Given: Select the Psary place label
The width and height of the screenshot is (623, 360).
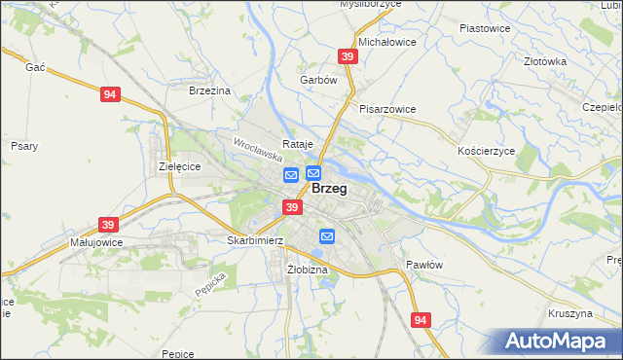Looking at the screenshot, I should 24,146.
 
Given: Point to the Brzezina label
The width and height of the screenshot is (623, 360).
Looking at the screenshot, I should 210,90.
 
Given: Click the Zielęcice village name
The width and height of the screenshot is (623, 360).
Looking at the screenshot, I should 179,166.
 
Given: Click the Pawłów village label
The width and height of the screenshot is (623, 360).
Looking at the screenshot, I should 424,265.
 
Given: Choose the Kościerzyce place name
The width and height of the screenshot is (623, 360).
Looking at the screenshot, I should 485,153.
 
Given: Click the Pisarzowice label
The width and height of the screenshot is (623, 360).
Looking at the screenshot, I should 386,109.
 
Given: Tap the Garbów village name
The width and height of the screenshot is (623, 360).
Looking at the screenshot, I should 318,80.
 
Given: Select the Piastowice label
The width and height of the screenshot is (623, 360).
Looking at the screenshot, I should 485,28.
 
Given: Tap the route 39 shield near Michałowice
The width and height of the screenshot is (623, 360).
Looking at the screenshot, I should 348,57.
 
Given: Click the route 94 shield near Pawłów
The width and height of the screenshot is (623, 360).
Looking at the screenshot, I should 421,320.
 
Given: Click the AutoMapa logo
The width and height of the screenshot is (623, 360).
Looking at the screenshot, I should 558,341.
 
